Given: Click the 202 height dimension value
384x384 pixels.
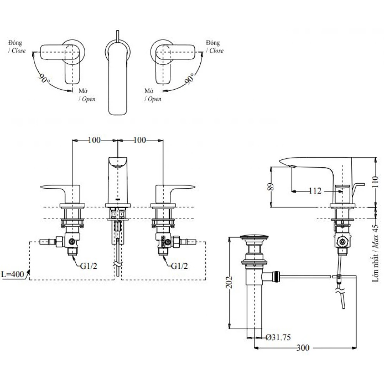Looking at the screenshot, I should tap(228, 283).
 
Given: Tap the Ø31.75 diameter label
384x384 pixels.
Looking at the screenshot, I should tap(278, 338).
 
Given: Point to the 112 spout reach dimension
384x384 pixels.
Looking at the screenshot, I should tap(315, 190).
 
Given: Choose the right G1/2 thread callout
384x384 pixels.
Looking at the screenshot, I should tap(179, 265).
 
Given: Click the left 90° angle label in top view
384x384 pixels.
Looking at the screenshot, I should tap(45, 79).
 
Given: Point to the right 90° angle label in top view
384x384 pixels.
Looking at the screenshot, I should tap(189, 79).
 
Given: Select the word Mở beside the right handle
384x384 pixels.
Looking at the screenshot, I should tap(149, 91).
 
